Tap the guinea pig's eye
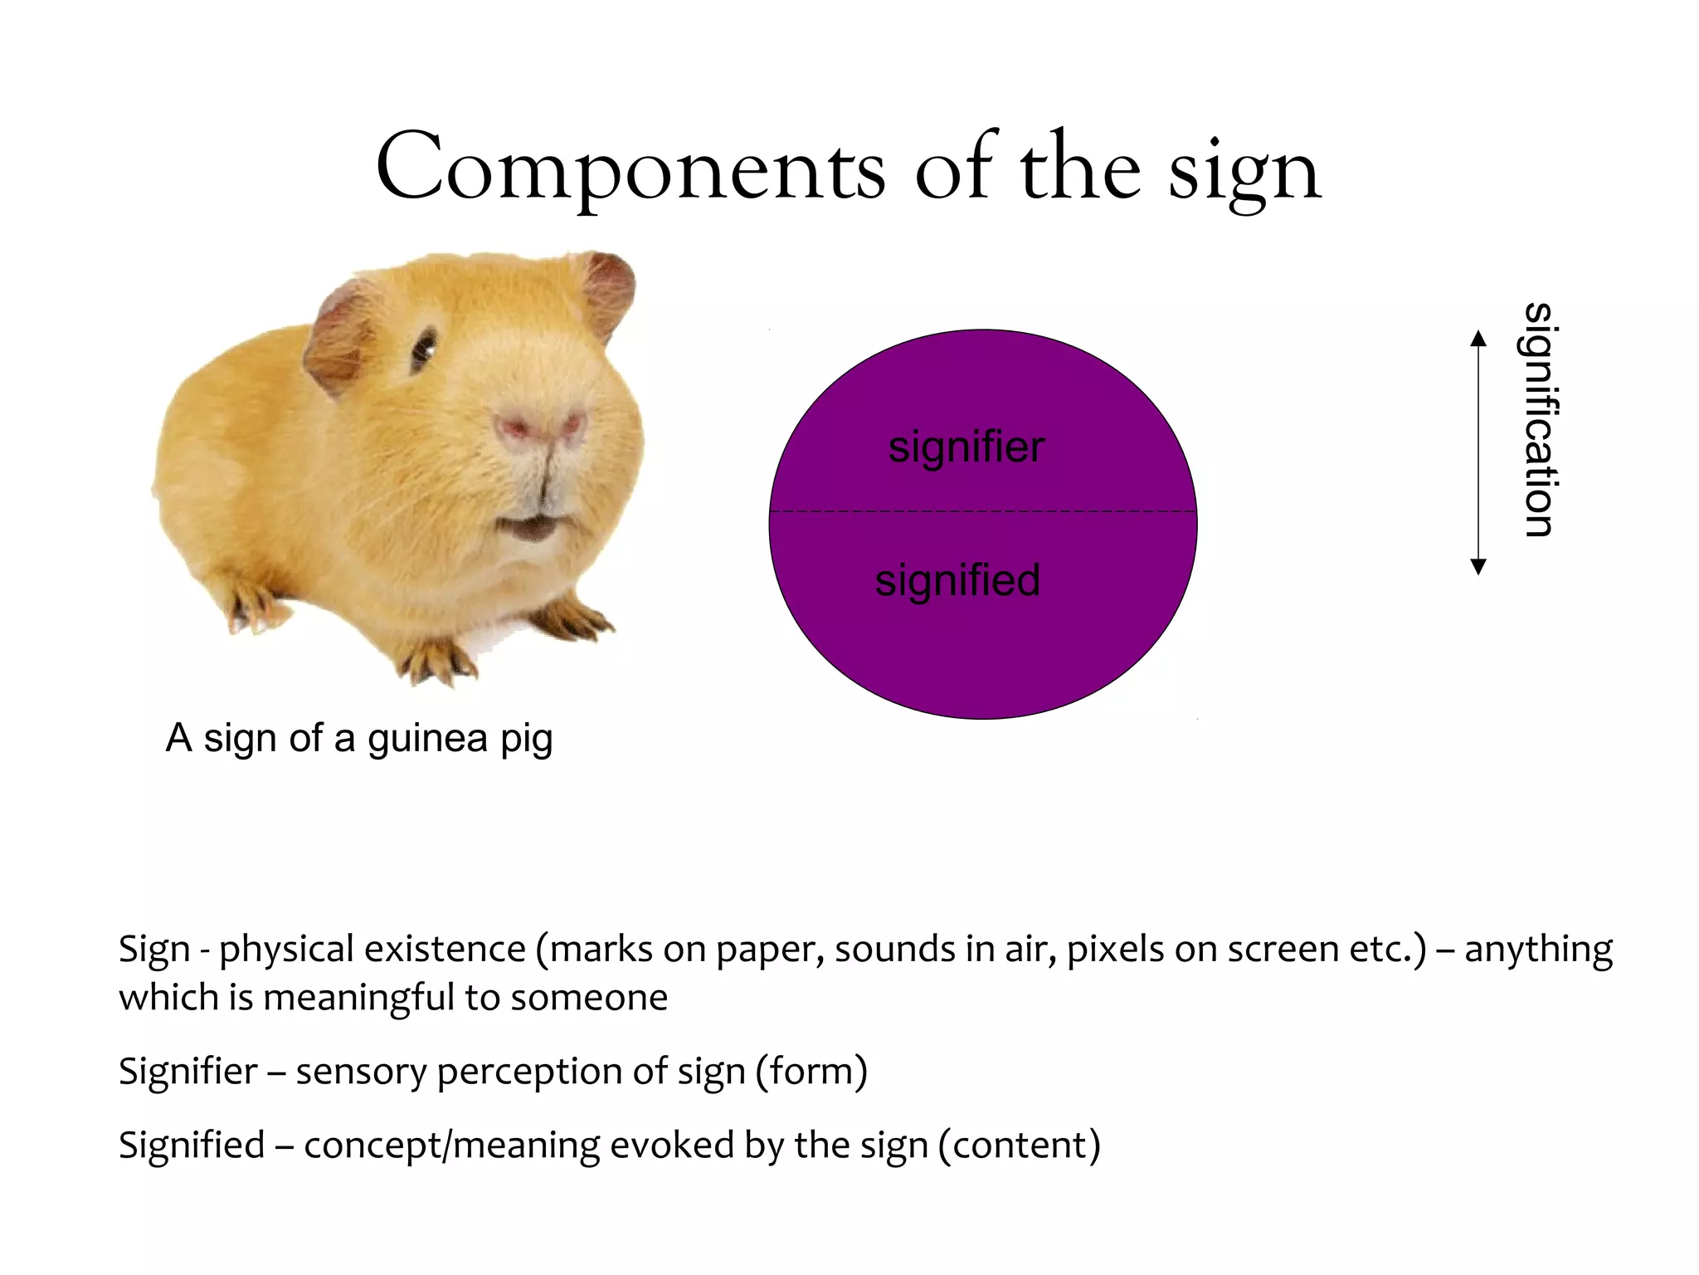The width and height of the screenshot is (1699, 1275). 424,349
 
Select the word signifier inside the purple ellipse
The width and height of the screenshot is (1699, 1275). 966,447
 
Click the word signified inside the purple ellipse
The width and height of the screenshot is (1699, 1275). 957,580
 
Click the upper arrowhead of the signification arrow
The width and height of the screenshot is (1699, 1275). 1477,339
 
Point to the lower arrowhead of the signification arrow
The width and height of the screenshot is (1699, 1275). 1477,567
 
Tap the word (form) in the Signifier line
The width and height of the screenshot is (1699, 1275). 811,1071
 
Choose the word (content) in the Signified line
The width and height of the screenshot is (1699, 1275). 1019,1145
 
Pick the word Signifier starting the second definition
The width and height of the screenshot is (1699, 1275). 187,1071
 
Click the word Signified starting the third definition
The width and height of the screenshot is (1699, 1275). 192,1145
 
